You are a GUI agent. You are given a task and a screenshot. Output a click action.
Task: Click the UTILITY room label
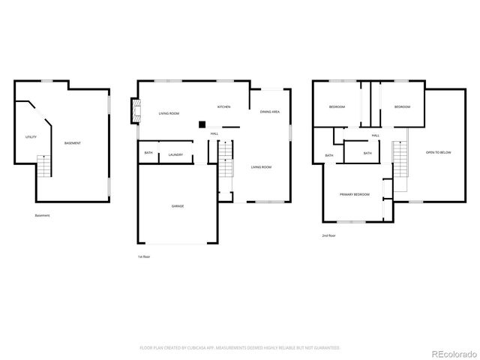tap(31, 137)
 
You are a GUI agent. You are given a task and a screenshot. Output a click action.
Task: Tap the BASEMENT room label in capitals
tap(73, 143)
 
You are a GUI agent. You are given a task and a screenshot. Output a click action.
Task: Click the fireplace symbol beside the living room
tap(134, 111)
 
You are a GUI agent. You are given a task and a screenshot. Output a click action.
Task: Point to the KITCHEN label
tap(223, 106)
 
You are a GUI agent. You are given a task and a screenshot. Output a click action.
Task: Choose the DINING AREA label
tap(270, 112)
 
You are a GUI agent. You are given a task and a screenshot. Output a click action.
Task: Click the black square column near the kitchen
tap(202, 124)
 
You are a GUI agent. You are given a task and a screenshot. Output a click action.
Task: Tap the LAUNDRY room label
tap(176, 154)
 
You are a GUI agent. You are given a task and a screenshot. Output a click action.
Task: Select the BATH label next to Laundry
tap(148, 154)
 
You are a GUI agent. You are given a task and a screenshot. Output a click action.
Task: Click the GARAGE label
tap(178, 206)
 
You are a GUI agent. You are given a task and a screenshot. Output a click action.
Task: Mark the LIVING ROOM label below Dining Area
tap(261, 167)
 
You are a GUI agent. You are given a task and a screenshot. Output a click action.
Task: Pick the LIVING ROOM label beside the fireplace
tap(169, 113)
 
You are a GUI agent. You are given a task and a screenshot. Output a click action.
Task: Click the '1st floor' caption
tap(145, 256)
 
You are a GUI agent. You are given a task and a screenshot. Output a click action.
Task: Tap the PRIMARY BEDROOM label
tap(355, 194)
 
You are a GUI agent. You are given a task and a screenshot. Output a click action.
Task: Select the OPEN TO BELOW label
tap(438, 152)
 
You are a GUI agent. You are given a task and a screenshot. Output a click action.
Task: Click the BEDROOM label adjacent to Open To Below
tap(402, 107)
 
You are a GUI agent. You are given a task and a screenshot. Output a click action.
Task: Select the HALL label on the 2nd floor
tap(375, 135)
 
